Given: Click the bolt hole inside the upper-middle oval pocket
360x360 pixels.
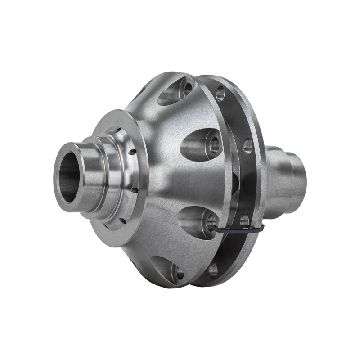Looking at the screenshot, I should click(x=214, y=144).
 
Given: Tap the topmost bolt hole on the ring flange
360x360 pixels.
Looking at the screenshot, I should click(x=220, y=94).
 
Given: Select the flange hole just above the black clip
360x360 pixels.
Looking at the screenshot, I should click(x=244, y=220).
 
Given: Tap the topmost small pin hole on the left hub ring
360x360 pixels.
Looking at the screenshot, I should click(x=118, y=130).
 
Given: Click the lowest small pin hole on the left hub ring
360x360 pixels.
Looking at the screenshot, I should click(x=121, y=220).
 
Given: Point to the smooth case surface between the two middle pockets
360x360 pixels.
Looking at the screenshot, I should click(x=198, y=182).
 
